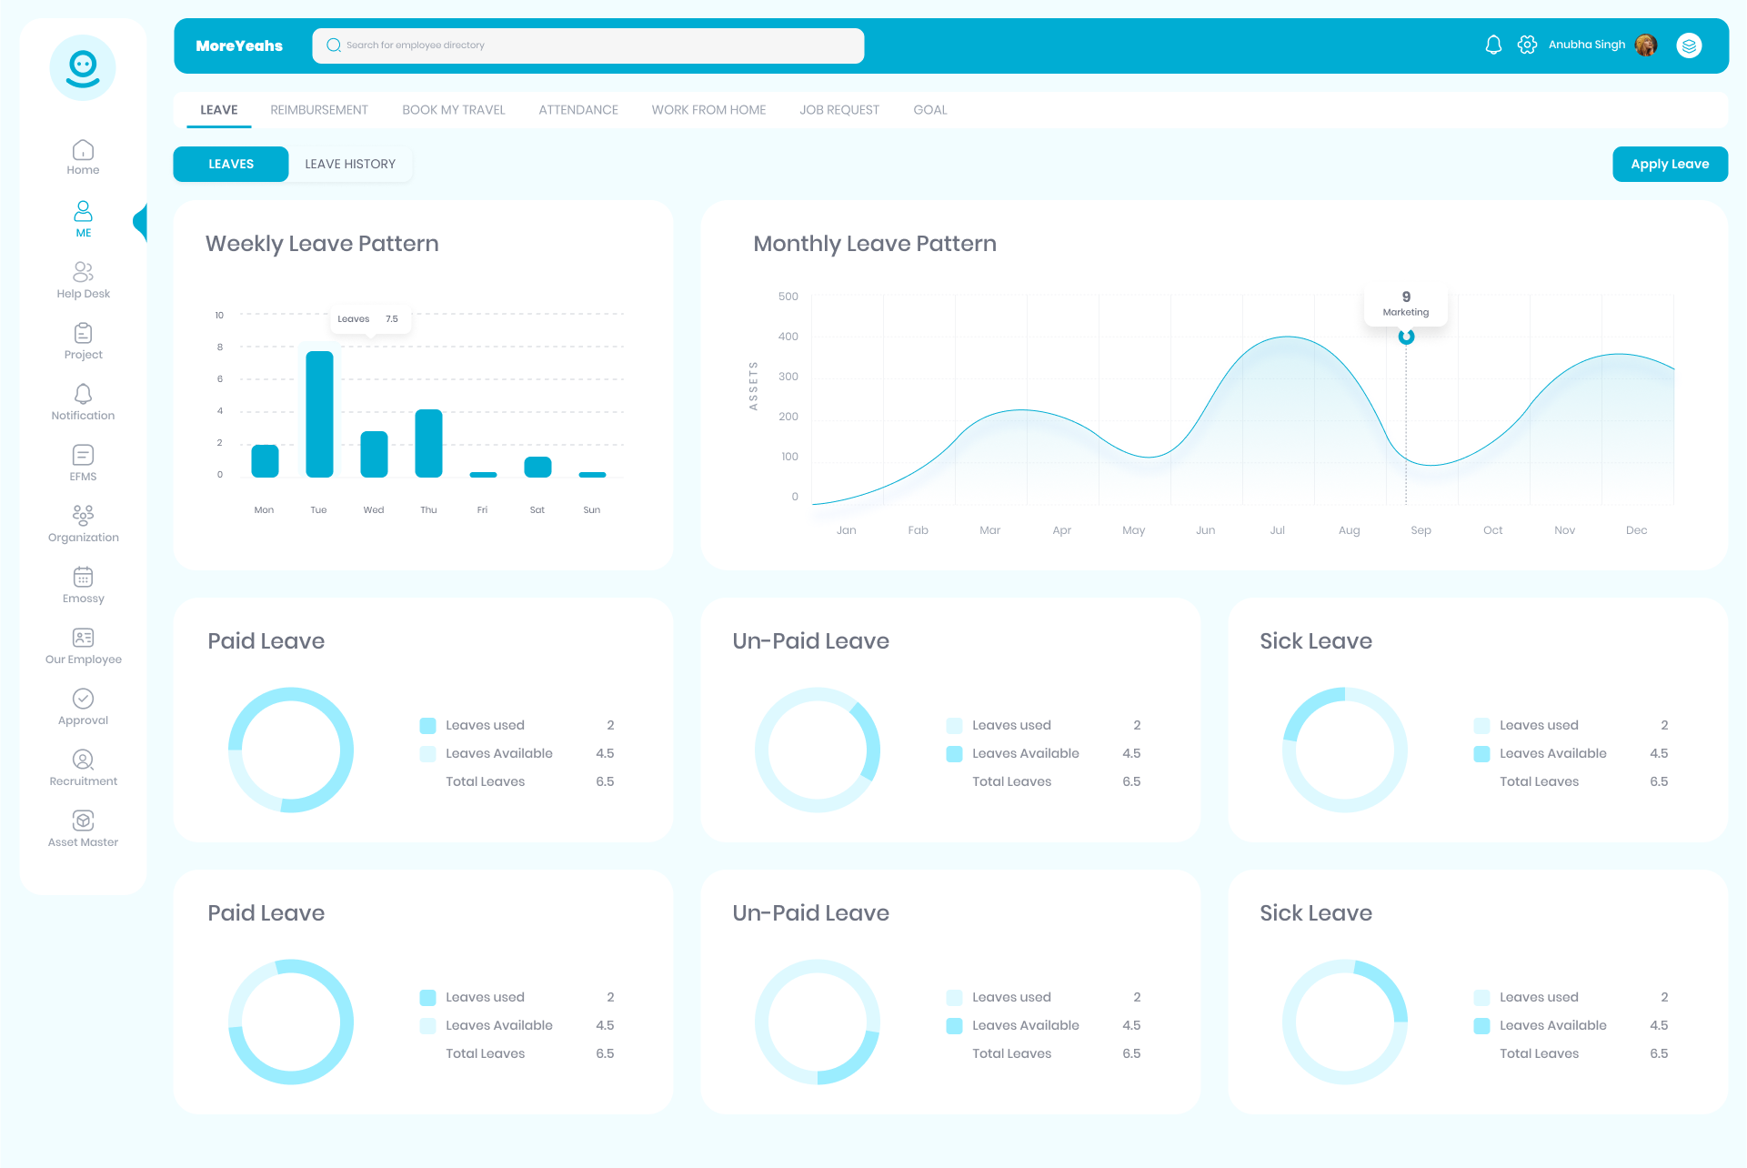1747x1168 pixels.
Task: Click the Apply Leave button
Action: point(1669,164)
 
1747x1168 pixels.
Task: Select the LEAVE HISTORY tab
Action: point(350,164)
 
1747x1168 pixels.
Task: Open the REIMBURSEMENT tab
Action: point(319,110)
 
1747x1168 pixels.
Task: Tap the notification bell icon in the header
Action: point(1492,45)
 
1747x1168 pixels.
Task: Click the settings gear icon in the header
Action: point(1527,45)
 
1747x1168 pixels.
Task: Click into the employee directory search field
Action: point(587,45)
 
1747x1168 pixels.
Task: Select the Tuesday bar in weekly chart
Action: point(319,414)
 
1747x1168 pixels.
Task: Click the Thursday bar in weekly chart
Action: point(428,443)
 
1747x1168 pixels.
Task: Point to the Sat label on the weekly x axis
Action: point(537,510)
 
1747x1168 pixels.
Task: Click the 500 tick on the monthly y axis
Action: point(788,297)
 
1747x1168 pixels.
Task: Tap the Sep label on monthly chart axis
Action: point(1421,530)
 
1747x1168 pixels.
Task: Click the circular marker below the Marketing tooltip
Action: point(1406,337)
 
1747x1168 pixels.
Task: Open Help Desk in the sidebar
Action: point(83,280)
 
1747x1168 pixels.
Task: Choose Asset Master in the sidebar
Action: point(83,829)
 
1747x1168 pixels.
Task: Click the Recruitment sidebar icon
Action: point(83,760)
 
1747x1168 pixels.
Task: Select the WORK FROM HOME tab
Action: point(708,110)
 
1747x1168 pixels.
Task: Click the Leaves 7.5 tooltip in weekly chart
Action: point(368,319)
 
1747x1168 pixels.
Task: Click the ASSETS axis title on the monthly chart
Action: point(753,386)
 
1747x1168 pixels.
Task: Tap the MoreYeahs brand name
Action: point(239,45)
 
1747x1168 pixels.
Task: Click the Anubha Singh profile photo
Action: point(1645,45)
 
